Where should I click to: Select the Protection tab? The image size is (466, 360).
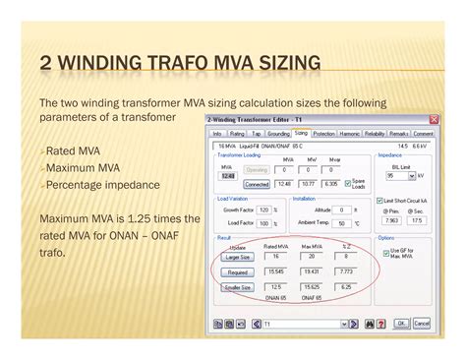(322, 133)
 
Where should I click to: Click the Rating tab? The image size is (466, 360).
(237, 133)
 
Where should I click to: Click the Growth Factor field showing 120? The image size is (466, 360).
(264, 210)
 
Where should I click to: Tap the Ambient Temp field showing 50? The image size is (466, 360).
(342, 223)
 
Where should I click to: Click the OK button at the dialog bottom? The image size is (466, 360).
(401, 323)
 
